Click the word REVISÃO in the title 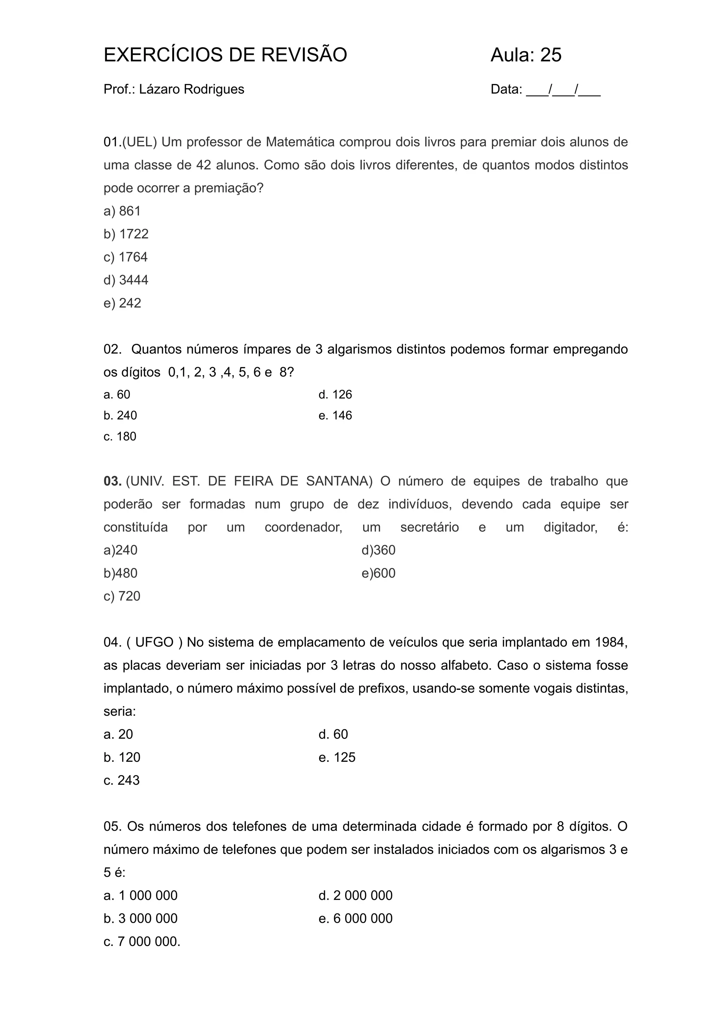[x=304, y=55]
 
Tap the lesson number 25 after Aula [x=551, y=55]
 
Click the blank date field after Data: [x=563, y=90]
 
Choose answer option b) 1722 [x=126, y=234]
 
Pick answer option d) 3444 [x=126, y=280]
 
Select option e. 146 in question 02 [x=335, y=415]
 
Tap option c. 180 [x=120, y=436]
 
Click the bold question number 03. [x=112, y=481]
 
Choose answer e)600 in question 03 [x=378, y=573]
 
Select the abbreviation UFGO [x=154, y=642]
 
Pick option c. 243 [x=121, y=780]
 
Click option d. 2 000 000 [x=355, y=895]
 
